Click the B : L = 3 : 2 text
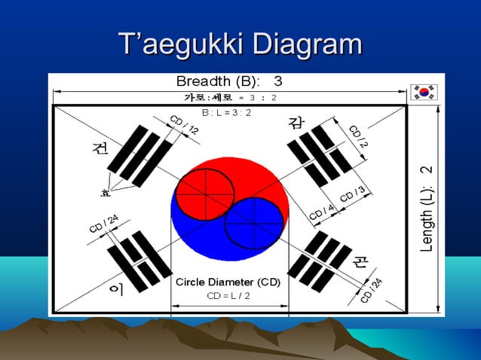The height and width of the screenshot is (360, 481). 226,112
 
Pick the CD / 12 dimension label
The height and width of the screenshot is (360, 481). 183,125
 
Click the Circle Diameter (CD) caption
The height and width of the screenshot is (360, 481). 228,282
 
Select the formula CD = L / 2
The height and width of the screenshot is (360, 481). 228,295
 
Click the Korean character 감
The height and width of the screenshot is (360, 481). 296,122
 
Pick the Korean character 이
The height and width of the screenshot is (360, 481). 117,288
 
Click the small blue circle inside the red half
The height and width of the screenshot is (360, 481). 256,224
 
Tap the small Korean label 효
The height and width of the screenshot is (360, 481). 105,193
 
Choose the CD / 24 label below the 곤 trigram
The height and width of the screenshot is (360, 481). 371,289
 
